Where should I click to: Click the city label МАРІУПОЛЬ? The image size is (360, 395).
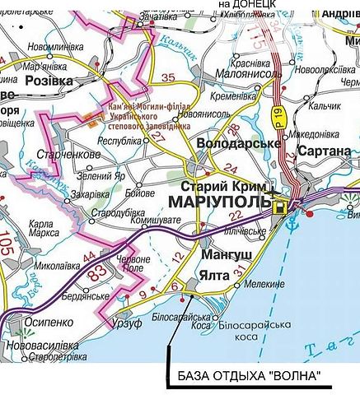pos(219,202)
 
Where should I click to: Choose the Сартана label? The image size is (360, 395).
pos(325,151)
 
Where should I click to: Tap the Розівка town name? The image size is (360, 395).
pos(49,81)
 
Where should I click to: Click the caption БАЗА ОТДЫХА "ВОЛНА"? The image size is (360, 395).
pos(248,378)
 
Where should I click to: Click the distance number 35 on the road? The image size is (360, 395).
pos(170,79)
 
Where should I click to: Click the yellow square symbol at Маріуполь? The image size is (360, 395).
pos(282,207)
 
